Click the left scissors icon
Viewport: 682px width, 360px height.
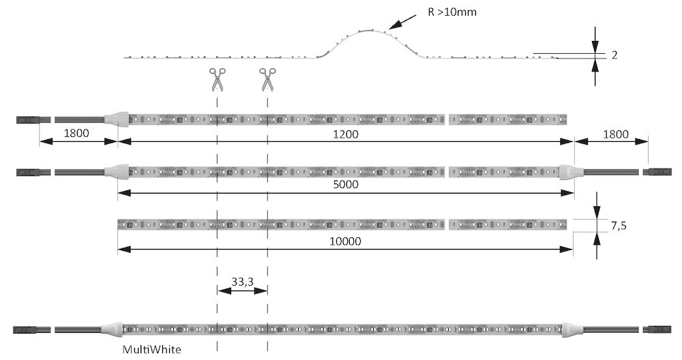pos(217,80)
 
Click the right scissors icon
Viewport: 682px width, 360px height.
pos(267,80)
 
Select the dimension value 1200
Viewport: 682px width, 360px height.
pos(345,135)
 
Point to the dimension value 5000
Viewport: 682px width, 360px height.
pos(345,185)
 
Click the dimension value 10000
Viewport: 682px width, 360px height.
pos(345,242)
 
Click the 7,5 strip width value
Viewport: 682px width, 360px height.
pos(618,226)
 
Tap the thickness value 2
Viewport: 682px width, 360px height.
pos(614,56)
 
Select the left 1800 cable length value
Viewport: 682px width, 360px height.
pos(76,134)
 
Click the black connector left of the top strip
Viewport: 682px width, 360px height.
pos(28,120)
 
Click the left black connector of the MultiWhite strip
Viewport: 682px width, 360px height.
pos(28,329)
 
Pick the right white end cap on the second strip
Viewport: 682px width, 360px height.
pos(569,170)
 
